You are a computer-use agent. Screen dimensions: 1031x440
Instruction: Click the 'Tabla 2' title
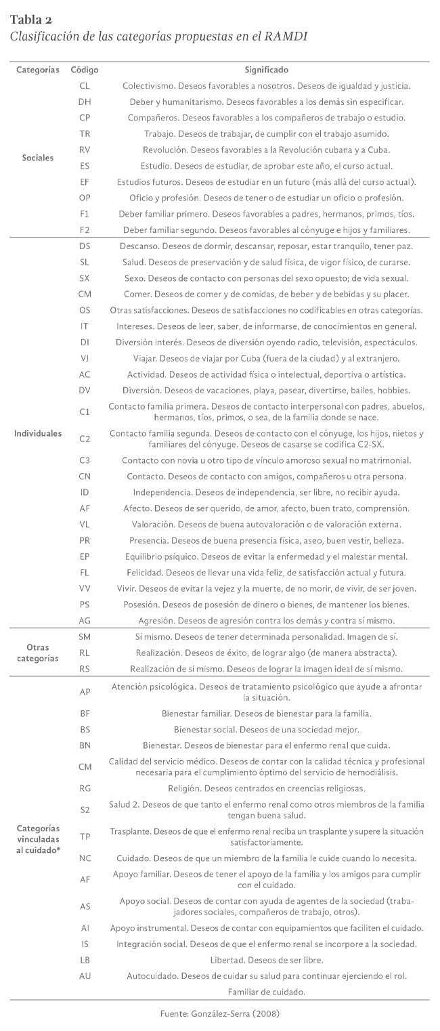(x=31, y=19)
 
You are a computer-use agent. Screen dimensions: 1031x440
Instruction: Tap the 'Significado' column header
(x=267, y=70)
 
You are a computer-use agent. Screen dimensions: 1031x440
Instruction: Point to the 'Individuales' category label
(x=38, y=433)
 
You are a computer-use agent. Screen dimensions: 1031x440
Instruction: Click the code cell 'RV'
(x=85, y=150)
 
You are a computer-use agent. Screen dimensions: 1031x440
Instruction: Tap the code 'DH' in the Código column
(x=85, y=102)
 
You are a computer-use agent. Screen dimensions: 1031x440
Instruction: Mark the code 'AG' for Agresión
(x=85, y=620)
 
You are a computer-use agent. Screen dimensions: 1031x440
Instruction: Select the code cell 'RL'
(x=85, y=653)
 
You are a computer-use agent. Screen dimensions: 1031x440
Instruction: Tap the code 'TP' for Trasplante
(x=85, y=837)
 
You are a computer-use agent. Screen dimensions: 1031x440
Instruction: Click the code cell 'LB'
(x=85, y=961)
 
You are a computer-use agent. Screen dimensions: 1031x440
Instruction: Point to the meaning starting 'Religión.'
(x=267, y=788)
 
